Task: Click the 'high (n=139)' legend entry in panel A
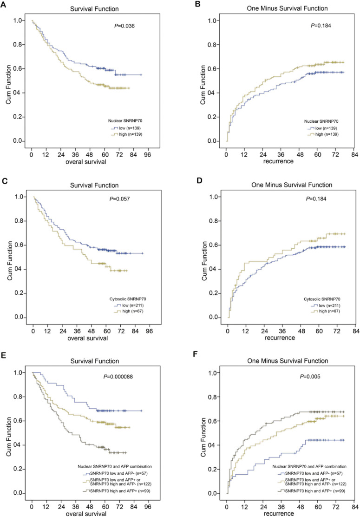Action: click(131, 135)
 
